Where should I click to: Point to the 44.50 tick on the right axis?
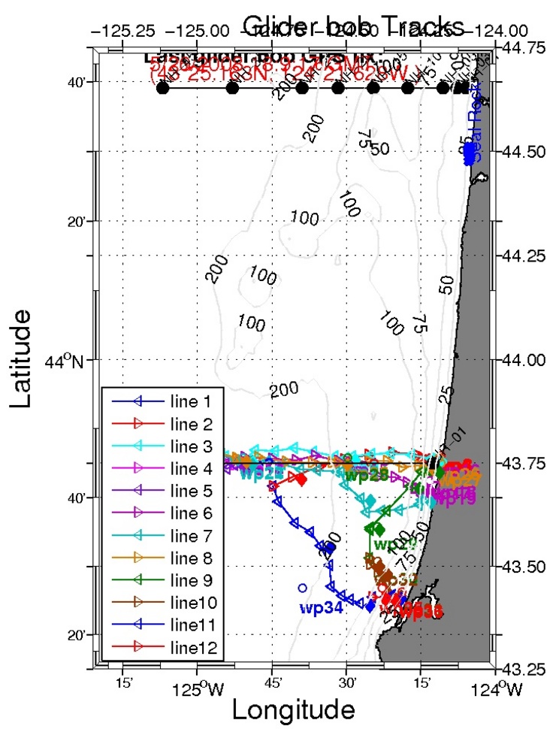[524, 151]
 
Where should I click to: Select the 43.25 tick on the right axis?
[524, 668]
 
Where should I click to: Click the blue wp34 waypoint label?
[321, 607]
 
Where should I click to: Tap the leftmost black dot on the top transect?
[162, 88]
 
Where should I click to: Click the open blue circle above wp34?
[303, 588]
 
